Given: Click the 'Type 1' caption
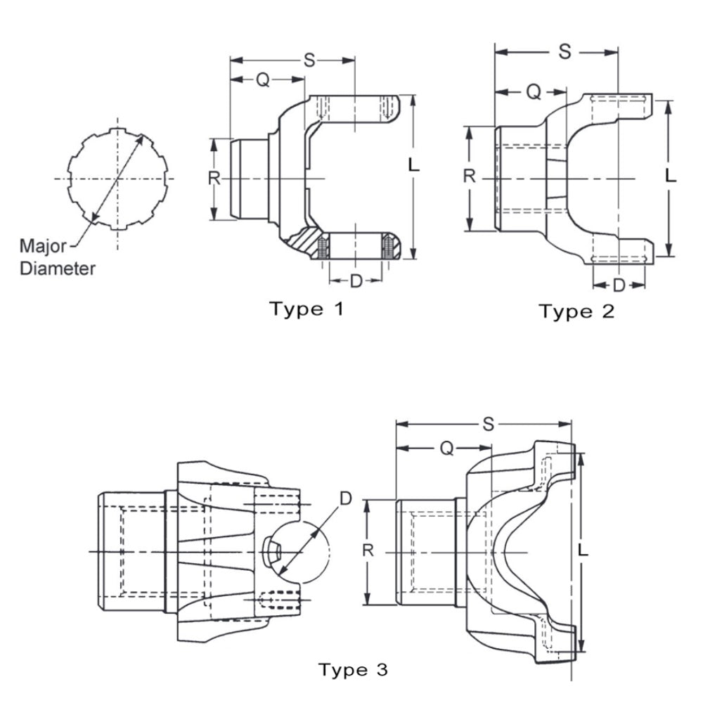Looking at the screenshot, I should tap(307, 308).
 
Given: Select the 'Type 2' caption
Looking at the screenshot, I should tap(576, 311).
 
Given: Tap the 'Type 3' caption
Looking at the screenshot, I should tap(353, 669).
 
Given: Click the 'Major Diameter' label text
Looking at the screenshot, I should tap(56, 257).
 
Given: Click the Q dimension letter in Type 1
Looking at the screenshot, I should tap(262, 80).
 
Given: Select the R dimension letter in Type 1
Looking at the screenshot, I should tap(214, 177).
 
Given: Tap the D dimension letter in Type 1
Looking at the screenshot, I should tap(356, 281).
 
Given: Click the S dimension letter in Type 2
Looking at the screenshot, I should tap(565, 51).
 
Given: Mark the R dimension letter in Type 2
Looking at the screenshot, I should tap(470, 176).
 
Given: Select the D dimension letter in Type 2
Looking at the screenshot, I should tap(619, 285).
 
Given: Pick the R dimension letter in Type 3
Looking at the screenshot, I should tap(367, 550).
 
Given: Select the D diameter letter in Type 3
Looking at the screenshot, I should tap(345, 498).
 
